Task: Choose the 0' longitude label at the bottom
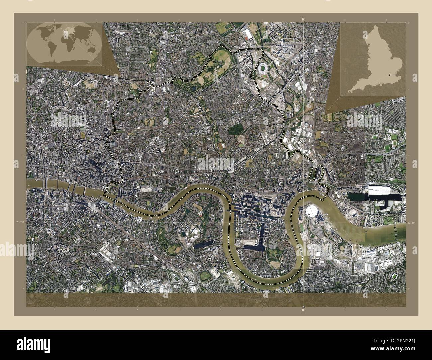pyautogui.click(x=303, y=310)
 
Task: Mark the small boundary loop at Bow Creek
pyautogui.click(x=312, y=174)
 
